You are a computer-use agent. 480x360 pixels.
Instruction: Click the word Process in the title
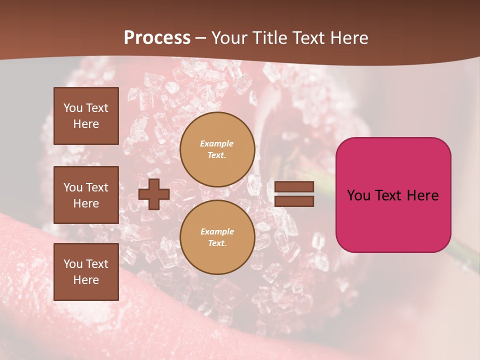(157, 38)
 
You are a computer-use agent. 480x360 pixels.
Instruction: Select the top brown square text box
(86, 116)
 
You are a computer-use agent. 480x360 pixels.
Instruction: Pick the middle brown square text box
(86, 195)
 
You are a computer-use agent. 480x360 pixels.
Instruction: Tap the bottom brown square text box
(86, 271)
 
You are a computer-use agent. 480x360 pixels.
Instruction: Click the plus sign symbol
(153, 194)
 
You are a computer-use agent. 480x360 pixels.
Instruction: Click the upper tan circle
(217, 149)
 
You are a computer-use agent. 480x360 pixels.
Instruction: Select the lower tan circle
(217, 237)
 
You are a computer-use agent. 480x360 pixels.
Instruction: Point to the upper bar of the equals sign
(294, 186)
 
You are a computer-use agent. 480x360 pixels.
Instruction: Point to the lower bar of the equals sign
(294, 201)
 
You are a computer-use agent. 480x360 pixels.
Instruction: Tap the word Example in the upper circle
(217, 143)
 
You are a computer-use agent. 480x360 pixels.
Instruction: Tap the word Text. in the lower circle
(217, 243)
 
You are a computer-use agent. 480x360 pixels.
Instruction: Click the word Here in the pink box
(422, 195)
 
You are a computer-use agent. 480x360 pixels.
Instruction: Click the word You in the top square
(72, 108)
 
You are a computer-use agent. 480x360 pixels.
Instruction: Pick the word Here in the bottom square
(86, 280)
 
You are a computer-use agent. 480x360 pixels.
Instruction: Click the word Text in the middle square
(96, 187)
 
